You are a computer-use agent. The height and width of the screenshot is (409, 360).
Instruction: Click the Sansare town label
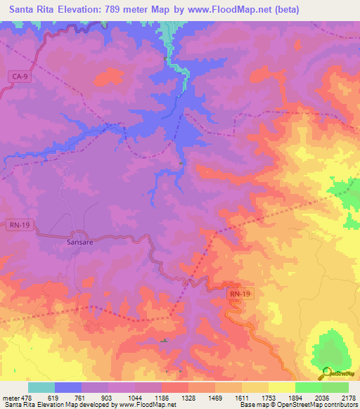point(79,241)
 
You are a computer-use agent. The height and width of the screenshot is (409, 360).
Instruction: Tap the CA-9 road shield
point(20,77)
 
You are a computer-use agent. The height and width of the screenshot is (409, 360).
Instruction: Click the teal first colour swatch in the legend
point(41,387)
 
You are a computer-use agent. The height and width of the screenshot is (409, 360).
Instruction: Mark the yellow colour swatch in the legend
point(281,387)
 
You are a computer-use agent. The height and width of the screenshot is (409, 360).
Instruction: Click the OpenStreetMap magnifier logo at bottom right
point(327,372)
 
